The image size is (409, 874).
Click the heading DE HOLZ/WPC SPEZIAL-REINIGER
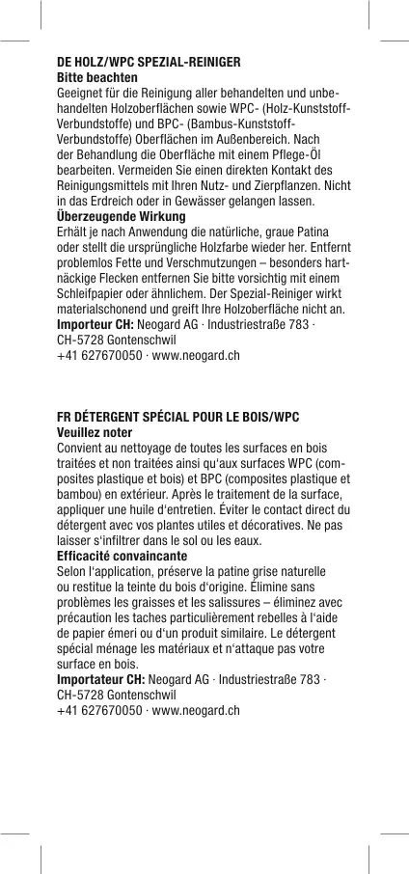(x=149, y=62)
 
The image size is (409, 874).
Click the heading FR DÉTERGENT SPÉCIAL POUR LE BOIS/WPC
(x=178, y=418)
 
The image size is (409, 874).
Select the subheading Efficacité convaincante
(x=123, y=558)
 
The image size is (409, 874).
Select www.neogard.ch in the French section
(x=197, y=712)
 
